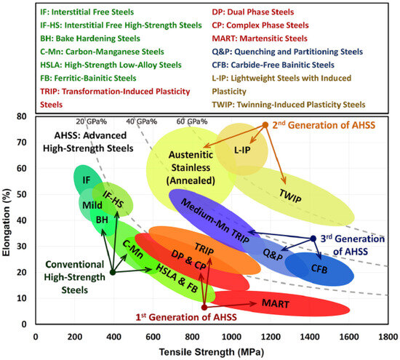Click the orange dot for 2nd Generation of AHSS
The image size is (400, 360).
point(265,125)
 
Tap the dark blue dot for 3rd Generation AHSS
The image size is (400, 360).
point(313,239)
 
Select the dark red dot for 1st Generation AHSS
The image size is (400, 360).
point(204,307)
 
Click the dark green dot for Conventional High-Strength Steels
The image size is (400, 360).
point(112,273)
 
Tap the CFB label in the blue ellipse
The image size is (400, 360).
point(319,269)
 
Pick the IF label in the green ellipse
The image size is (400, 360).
point(87,179)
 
